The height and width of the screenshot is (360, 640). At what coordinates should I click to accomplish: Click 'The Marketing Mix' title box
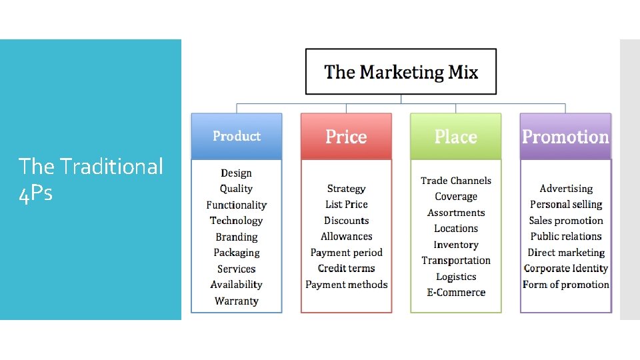point(401,71)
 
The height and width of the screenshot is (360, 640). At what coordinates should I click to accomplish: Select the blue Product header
point(237,136)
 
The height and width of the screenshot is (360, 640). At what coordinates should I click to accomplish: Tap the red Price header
point(346,137)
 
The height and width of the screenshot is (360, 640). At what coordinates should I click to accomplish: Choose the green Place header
point(455,137)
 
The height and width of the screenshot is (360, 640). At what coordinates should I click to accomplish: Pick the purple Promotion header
point(565,137)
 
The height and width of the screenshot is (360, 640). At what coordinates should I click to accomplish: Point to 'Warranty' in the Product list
point(237,301)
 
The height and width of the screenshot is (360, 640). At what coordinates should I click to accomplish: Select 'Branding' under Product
point(237,237)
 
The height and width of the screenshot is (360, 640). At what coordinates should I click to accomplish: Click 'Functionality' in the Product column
point(237,205)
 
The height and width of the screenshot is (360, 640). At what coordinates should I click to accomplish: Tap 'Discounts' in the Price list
point(346,221)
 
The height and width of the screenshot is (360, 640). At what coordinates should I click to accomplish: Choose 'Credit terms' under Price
point(346,268)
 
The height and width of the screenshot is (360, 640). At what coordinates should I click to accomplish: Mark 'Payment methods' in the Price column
point(346,285)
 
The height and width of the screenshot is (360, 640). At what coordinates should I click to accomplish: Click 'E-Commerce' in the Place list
point(456,292)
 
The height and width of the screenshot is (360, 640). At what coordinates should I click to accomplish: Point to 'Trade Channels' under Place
point(456,181)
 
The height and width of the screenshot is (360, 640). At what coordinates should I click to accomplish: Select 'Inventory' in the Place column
point(456,245)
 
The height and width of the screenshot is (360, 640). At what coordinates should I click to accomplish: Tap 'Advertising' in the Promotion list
point(566,189)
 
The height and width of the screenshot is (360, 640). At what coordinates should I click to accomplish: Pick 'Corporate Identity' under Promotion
point(566,268)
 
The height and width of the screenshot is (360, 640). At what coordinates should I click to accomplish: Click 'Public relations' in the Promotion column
point(566,236)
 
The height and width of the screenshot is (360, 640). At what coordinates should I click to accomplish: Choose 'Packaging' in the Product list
point(237,253)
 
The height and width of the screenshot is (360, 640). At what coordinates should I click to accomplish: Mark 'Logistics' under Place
point(456,276)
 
